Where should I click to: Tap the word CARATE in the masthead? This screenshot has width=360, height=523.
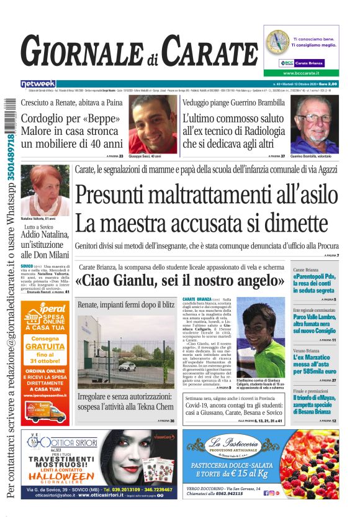coord(209,52)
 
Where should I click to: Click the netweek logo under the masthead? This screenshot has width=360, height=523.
coord(38,83)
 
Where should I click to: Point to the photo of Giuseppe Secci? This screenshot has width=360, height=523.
coord(153,124)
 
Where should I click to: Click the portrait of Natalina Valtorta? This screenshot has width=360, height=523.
coord(44,189)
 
